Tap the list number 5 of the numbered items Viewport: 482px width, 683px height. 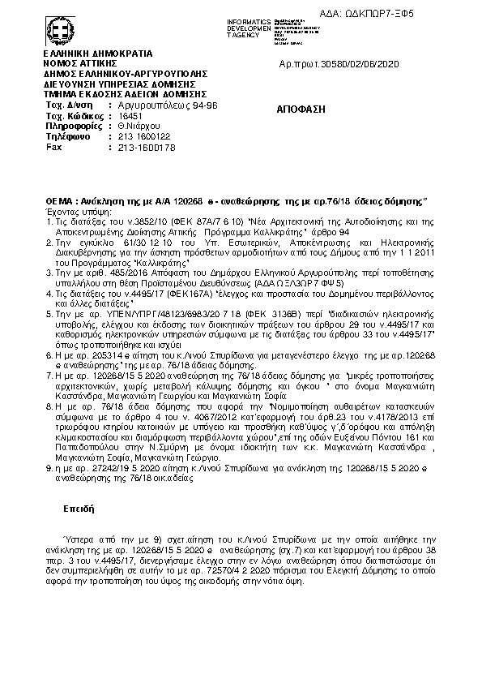pyautogui.click(x=49, y=312)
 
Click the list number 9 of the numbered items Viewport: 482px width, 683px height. pyautogui.click(x=49, y=470)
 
